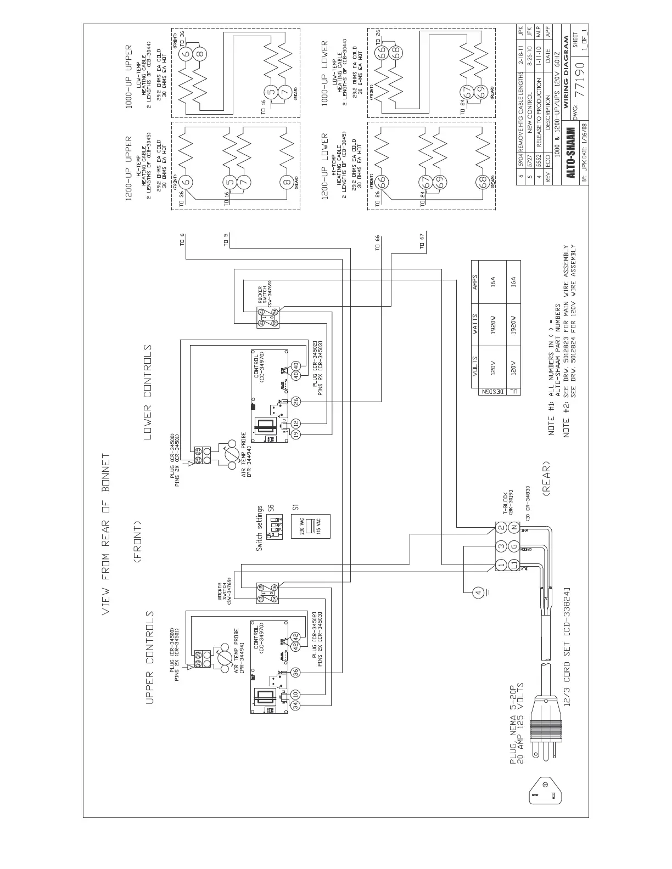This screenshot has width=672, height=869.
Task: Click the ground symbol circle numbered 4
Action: pyautogui.click(x=478, y=592)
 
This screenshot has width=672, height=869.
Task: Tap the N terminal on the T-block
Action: pyautogui.click(x=514, y=528)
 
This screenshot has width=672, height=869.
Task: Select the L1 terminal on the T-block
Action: pyautogui.click(x=514, y=565)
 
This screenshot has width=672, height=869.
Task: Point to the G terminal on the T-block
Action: pyautogui.click(x=514, y=546)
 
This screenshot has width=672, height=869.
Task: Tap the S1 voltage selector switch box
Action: pyautogui.click(x=311, y=526)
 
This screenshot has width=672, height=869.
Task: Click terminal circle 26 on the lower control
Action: pyautogui.click(x=296, y=401)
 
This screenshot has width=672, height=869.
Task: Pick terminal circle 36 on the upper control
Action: pyautogui.click(x=295, y=672)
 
